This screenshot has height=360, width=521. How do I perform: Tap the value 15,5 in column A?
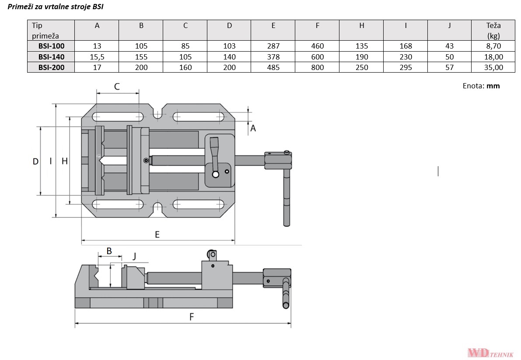[97, 56]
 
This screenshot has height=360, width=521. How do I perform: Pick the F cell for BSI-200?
[317, 67]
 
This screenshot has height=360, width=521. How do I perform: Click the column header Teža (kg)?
[493, 30]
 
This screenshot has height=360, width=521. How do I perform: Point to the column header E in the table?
[273, 25]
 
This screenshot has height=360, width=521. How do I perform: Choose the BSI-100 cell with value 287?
[273, 46]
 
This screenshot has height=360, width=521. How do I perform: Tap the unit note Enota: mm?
[481, 86]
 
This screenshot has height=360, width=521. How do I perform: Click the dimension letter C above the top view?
[117, 87]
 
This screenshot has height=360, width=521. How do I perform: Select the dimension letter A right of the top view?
[252, 128]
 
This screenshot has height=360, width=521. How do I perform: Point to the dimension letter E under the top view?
[157, 234]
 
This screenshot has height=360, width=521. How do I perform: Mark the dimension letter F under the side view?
[191, 317]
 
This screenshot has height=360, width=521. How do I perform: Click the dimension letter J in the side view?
[134, 255]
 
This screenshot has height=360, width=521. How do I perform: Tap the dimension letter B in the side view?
[109, 251]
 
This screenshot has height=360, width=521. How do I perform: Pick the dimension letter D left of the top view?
[36, 161]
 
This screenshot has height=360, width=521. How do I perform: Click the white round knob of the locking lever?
[215, 175]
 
